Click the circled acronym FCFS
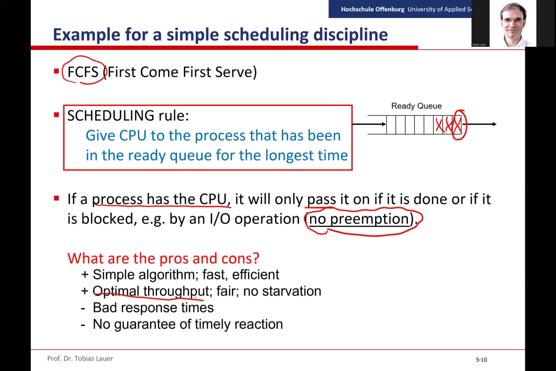pos(82,72)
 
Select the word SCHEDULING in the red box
pos(111,116)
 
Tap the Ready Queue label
pos(416,106)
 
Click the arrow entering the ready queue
pos(369,124)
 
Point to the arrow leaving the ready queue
pos(479,124)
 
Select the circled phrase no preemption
pos(359,219)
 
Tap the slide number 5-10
pos(481,360)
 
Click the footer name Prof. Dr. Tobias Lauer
pos(80,359)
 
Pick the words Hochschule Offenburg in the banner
pos(372,9)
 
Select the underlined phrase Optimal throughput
pos(151,291)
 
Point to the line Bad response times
pos(153,308)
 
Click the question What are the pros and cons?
pos(163,258)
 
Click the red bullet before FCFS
pos(56,71)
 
